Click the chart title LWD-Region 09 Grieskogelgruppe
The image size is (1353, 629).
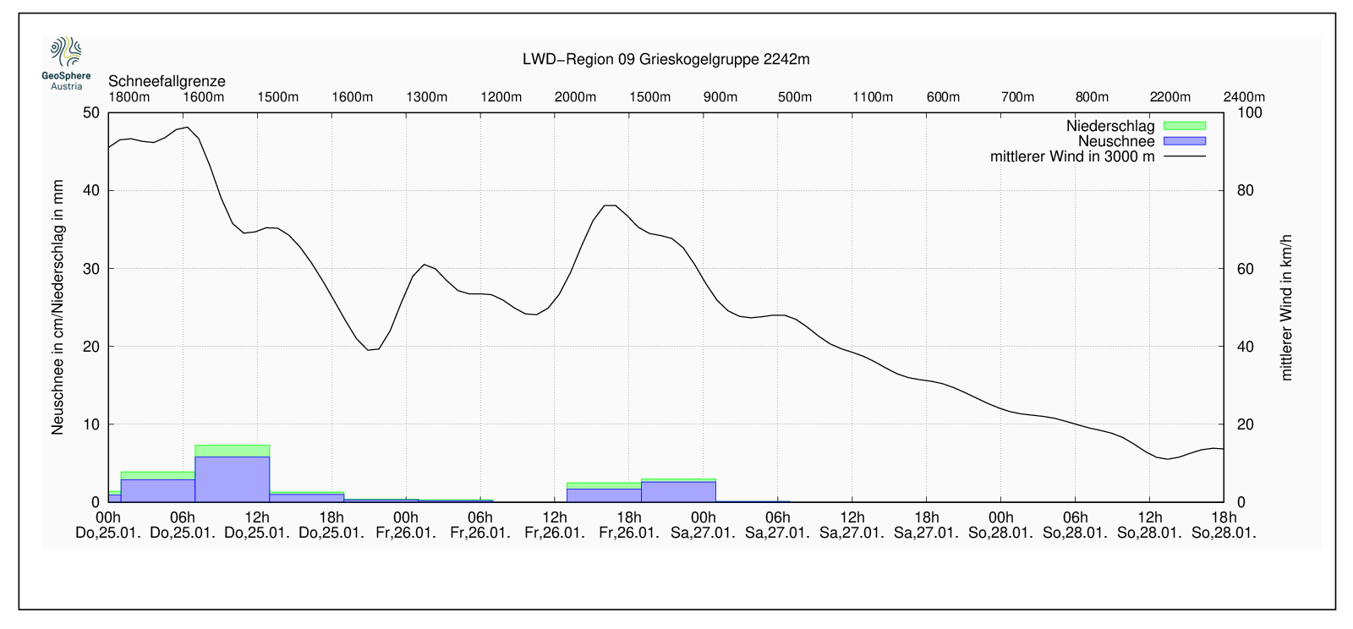coord(666,59)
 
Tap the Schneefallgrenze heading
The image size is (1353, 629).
coord(167,81)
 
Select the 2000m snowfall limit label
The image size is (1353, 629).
coord(575,96)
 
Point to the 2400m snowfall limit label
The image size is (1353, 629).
coord(1244,96)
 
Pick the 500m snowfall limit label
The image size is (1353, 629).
coord(795,96)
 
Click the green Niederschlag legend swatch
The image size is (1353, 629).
coord(1184,126)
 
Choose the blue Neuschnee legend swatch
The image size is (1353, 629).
coord(1184,141)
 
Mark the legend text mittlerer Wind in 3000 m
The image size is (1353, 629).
coord(1071,156)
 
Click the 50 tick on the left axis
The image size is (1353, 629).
coord(92,112)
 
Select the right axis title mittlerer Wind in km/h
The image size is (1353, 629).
coord(1286,308)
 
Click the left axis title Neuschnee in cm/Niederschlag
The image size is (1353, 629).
coord(58,308)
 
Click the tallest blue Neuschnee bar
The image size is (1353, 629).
coord(232,479)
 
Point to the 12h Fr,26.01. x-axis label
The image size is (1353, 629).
coord(555,525)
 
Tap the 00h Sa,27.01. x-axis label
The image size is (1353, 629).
coord(704,525)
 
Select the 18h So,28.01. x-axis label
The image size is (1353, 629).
coord(1224,525)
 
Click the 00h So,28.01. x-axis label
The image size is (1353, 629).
coord(1001,525)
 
